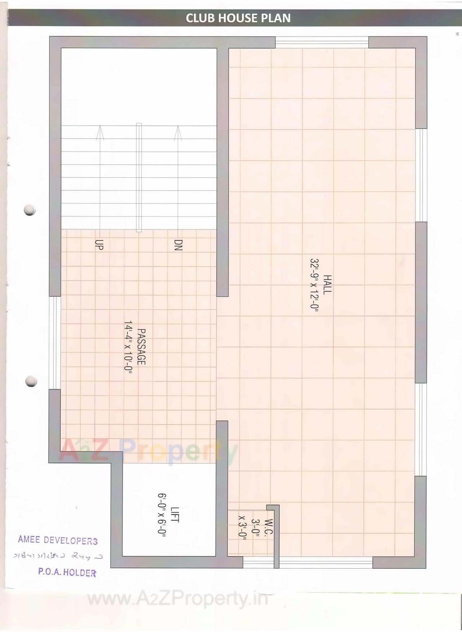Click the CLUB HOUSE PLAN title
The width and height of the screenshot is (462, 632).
(238, 18)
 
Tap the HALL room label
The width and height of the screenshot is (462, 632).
(327, 284)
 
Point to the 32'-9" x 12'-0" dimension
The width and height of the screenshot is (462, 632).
(314, 284)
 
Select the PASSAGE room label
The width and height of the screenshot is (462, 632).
(141, 346)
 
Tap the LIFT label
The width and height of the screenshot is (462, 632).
(175, 514)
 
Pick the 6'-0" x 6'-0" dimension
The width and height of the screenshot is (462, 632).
(162, 515)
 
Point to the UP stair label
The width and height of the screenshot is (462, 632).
(99, 245)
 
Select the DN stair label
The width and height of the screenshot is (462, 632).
(178, 245)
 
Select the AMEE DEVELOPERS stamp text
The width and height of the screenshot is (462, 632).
(58, 540)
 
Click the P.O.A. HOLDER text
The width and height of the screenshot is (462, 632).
(67, 572)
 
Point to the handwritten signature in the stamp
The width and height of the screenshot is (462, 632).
(58, 556)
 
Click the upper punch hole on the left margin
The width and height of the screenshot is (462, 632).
(30, 210)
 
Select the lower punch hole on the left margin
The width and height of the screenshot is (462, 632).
(31, 381)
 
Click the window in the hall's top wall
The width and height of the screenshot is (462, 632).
(322, 43)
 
